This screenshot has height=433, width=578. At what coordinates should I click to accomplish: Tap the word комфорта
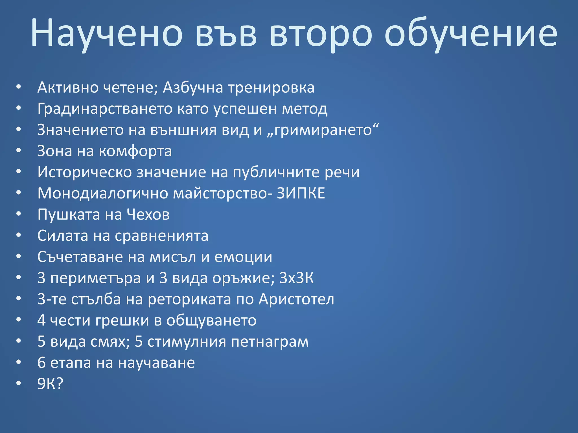click(135, 151)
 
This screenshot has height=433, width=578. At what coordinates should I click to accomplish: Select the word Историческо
click(84, 172)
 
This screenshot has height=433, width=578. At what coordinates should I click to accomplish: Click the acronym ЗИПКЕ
click(301, 193)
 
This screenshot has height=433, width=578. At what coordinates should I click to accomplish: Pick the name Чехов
click(148, 215)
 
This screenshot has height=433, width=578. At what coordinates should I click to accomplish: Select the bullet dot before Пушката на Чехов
click(19, 214)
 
